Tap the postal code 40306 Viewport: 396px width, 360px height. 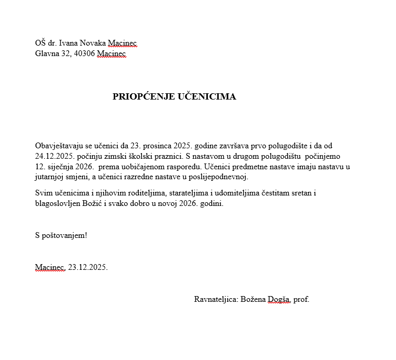pos(83,53)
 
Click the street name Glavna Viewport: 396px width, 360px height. pos(47,53)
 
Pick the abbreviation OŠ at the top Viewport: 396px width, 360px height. pos(40,43)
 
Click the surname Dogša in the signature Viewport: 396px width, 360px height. pos(279,300)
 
